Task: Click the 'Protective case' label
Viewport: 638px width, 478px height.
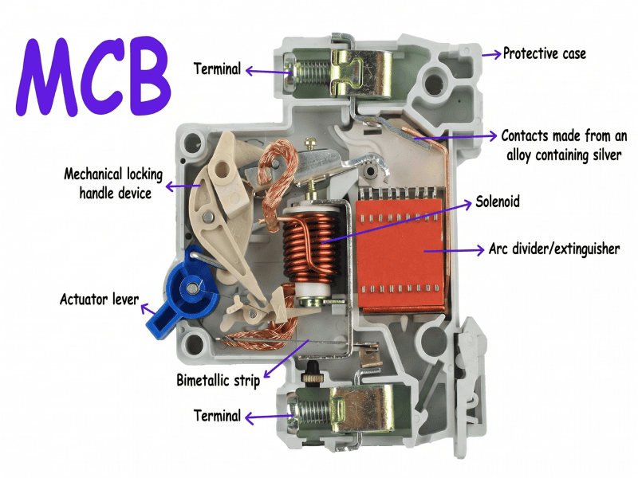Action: point(544,54)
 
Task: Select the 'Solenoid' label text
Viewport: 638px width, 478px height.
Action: point(497,202)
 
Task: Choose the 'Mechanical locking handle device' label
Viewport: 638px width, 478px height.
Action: point(108,182)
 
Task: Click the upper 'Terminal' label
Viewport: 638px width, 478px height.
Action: point(217,69)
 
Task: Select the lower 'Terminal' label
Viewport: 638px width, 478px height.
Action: point(217,416)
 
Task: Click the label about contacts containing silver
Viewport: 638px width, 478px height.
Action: point(563,145)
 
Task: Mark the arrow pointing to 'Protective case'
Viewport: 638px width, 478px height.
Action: point(490,54)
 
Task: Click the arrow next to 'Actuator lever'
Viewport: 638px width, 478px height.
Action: point(150,305)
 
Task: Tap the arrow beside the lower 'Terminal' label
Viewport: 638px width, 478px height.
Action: point(267,416)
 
